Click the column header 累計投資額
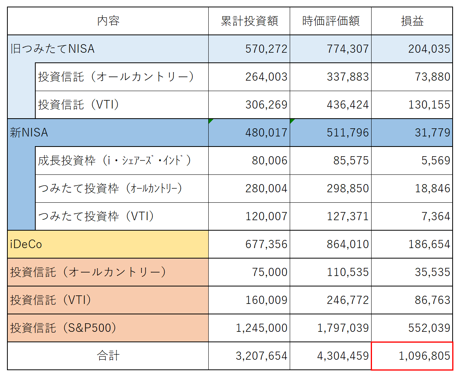click(x=249, y=21)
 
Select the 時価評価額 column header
click(x=330, y=21)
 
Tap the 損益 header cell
click(x=412, y=21)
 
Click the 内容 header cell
click(x=108, y=21)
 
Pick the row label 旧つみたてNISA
click(x=52, y=49)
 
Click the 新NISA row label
click(x=29, y=133)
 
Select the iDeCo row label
click(x=26, y=244)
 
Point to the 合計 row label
click(x=108, y=356)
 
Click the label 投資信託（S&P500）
click(x=63, y=328)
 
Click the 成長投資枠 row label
click(x=114, y=160)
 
